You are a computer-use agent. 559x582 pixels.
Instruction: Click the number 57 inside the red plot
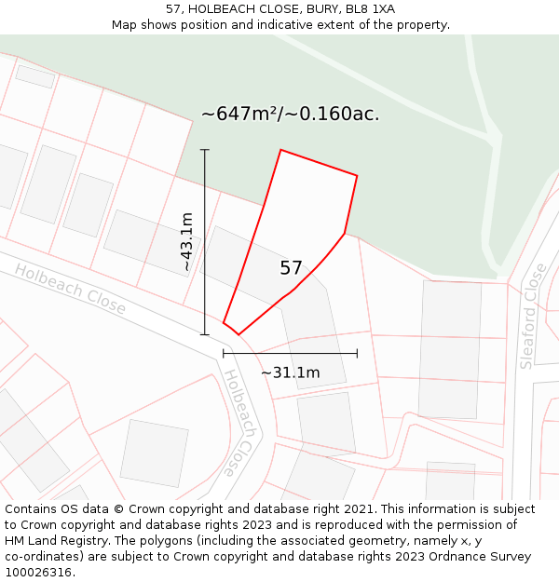tap(291, 268)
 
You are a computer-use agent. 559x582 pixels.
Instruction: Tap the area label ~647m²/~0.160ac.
tap(290, 115)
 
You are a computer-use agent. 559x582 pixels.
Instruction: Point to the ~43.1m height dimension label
tap(187, 241)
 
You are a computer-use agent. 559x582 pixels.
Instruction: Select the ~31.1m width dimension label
tap(290, 373)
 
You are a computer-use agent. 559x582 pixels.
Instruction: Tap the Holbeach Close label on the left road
tap(70, 288)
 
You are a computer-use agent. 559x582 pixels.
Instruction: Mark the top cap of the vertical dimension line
tap(205, 149)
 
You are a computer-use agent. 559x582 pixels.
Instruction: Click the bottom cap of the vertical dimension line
tap(205, 334)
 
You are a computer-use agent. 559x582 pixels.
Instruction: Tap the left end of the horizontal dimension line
tap(224, 353)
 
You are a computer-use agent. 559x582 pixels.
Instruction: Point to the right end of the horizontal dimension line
tap(357, 353)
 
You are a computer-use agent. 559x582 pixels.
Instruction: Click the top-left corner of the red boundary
tap(280, 150)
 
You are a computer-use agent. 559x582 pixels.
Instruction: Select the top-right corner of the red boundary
tap(357, 175)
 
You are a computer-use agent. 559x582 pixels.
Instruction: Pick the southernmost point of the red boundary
tap(239, 334)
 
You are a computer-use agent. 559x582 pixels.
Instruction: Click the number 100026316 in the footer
tap(39, 573)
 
